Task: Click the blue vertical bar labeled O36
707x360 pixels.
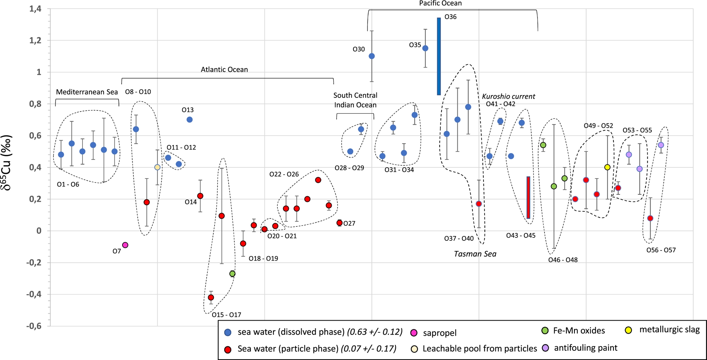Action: pos(439,56)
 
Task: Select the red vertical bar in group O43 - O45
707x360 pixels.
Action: pos(528,198)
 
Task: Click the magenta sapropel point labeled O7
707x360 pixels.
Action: pos(125,245)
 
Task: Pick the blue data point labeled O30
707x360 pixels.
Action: pos(372,56)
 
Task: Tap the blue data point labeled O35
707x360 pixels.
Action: pos(425,48)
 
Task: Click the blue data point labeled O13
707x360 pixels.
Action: pos(190,120)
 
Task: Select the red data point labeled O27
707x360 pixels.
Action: pos(340,223)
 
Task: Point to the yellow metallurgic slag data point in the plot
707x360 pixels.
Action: pos(608,167)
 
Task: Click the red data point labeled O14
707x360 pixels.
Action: pos(200,196)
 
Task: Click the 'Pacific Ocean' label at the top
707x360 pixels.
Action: pos(440,4)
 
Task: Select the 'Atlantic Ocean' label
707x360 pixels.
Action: pos(224,70)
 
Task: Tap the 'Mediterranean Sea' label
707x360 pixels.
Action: pos(87,92)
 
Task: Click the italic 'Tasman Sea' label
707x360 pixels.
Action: pos(475,254)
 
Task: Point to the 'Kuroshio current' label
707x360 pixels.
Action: pos(509,96)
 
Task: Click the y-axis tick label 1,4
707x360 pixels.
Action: pos(35,9)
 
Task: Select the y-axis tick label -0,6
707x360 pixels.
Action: pos(34,326)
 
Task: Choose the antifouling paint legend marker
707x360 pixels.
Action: pos(546,348)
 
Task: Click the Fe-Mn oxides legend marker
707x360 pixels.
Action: pos(545,331)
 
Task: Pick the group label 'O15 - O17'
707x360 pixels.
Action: pos(226,315)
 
